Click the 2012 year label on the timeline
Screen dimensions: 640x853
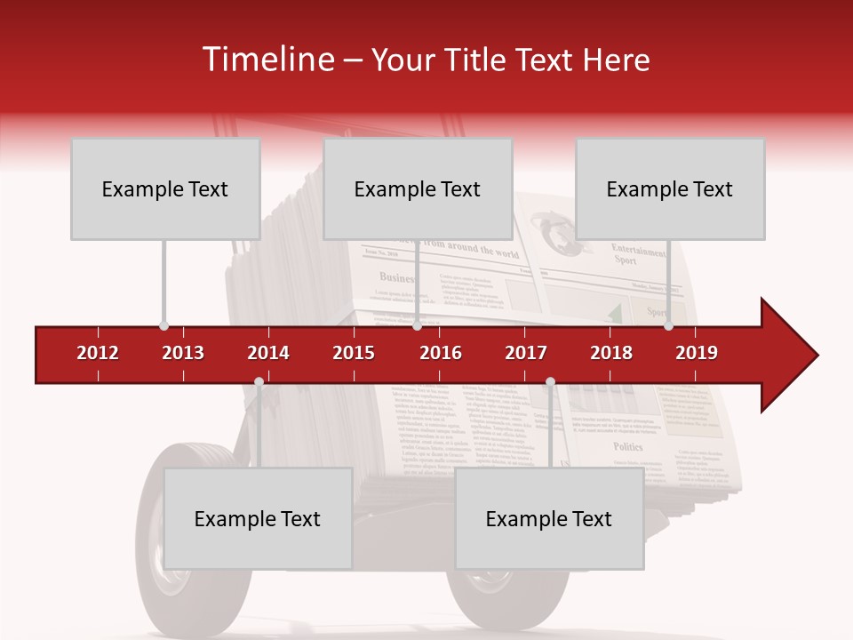[x=98, y=353]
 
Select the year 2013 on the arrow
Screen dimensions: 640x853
[x=183, y=353]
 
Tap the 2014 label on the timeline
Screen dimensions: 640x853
[x=268, y=353]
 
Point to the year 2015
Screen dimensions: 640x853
[x=354, y=353]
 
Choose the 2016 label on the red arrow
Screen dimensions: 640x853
[x=441, y=353]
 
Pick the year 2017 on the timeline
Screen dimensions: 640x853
[x=526, y=353]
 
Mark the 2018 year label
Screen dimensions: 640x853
[x=611, y=353]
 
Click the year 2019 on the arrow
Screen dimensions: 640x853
[x=697, y=353]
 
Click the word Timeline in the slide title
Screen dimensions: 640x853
[x=267, y=60]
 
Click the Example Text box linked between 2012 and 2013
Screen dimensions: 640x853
[x=165, y=188]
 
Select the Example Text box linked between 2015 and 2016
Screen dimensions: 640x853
[x=418, y=188]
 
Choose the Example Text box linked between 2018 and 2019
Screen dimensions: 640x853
[x=670, y=188]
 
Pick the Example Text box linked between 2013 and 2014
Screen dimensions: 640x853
[x=258, y=518]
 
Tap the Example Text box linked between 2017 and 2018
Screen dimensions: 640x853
[x=549, y=518]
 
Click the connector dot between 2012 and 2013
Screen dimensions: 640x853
[x=163, y=326]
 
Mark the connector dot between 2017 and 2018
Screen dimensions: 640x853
[x=550, y=382]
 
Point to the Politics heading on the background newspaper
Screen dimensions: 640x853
[x=627, y=447]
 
